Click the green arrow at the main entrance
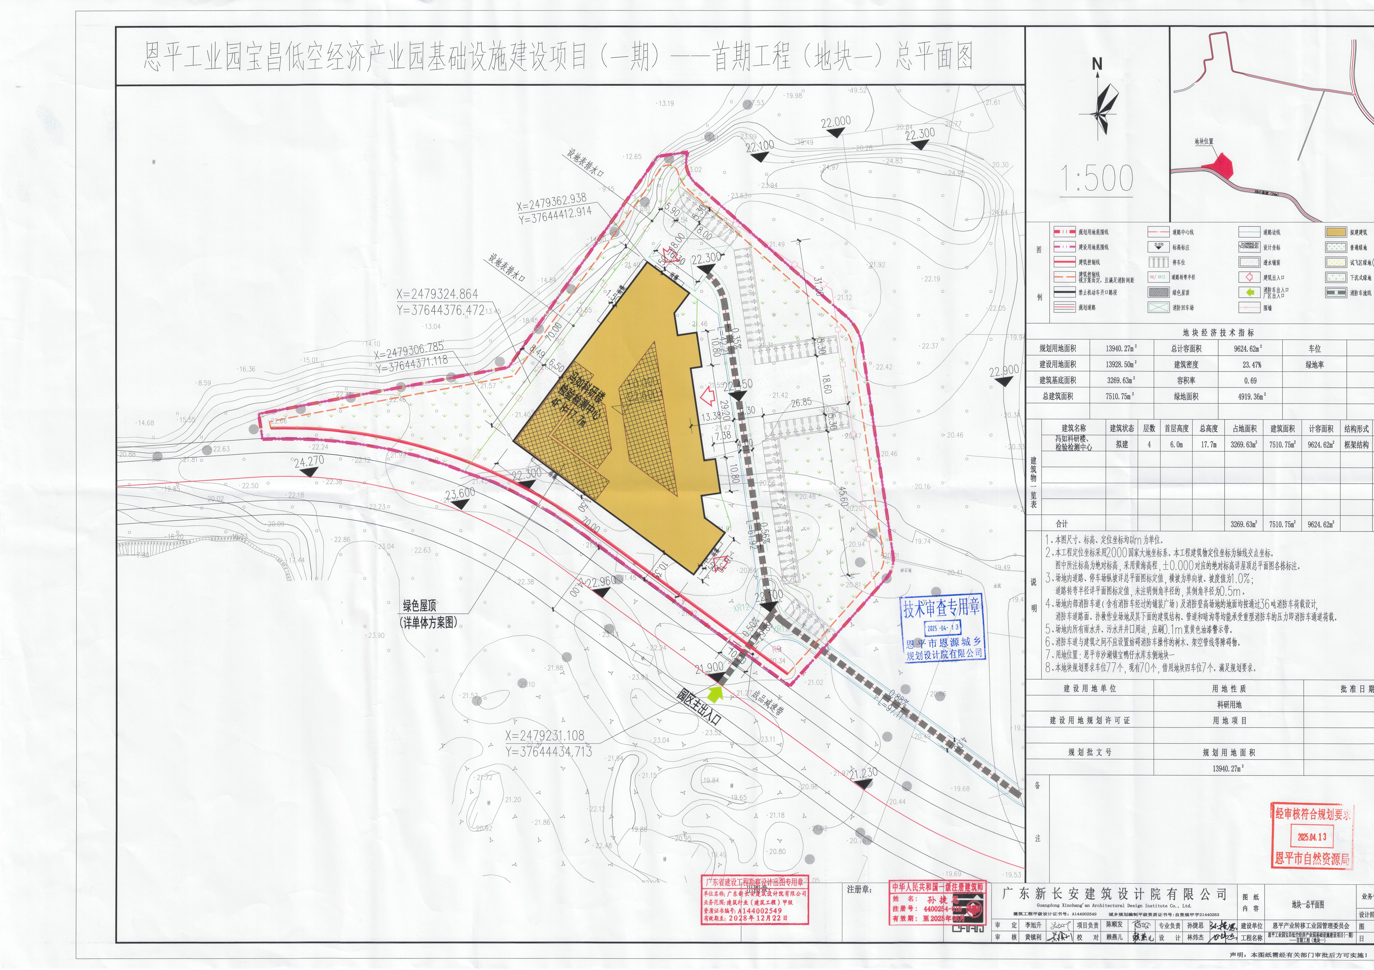(715, 694)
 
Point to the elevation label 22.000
(836, 123)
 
